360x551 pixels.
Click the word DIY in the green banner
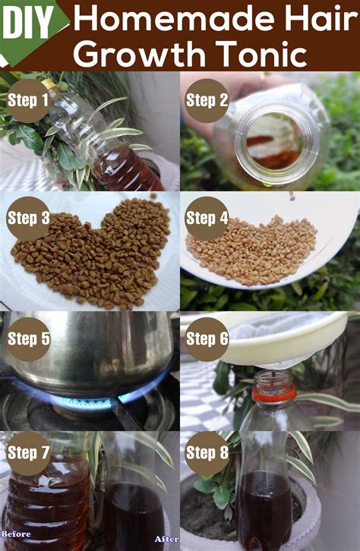tap(28, 24)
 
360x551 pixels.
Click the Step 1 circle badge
tap(28, 100)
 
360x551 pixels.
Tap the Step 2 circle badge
tap(207, 100)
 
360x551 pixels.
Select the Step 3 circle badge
tap(28, 219)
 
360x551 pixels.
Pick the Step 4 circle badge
tap(207, 219)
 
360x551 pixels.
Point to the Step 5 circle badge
tap(28, 339)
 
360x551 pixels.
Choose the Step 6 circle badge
tap(207, 339)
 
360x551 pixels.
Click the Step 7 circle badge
tap(28, 453)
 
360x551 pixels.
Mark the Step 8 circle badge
tap(207, 453)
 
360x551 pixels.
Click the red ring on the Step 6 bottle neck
tap(274, 394)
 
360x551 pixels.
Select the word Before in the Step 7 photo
tap(16, 534)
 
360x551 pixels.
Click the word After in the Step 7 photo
tap(166, 539)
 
